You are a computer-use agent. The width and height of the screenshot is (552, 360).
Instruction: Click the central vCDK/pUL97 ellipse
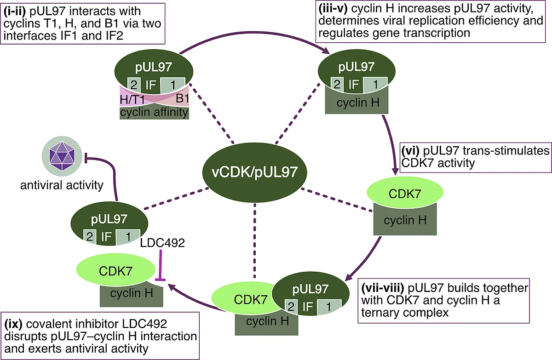pos(254,172)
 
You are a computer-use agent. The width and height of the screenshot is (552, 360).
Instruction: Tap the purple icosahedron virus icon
pos(62,156)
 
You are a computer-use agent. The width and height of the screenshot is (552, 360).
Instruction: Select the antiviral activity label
pos(62,185)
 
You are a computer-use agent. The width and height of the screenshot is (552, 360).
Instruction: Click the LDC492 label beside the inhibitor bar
pos(162,243)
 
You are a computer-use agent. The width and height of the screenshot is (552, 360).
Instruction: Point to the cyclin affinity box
pos(154,113)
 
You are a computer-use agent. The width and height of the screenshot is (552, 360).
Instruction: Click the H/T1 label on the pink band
pos(132,100)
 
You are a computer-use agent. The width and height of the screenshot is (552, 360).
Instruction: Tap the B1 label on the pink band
pos(182,98)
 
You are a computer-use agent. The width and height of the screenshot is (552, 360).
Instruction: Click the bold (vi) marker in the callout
pos(410,151)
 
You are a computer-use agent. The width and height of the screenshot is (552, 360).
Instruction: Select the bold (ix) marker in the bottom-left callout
pos(13,324)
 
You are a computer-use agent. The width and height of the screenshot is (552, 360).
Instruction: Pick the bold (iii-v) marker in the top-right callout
pos(333,8)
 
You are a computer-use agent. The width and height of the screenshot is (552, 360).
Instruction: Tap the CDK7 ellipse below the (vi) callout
pos(405,193)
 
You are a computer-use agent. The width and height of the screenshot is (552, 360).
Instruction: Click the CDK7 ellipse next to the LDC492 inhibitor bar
pos(116,270)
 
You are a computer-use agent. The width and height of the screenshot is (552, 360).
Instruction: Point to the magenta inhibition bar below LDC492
pos(161,265)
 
